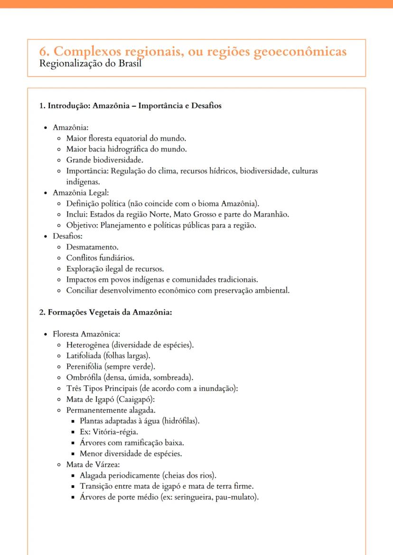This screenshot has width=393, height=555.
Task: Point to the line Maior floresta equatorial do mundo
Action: (x=126, y=138)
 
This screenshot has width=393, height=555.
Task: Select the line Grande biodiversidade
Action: (x=104, y=160)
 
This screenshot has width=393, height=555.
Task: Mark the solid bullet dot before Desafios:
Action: (x=45, y=236)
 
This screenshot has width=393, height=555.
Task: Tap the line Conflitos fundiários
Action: (x=100, y=258)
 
